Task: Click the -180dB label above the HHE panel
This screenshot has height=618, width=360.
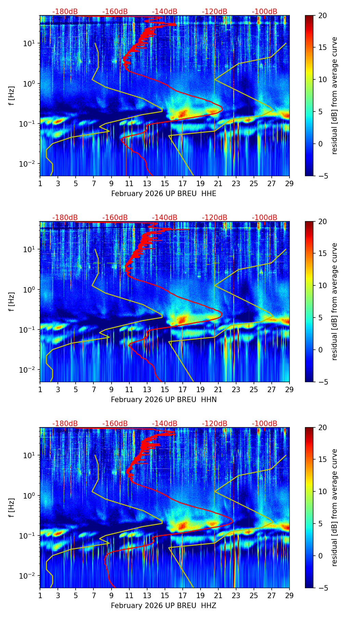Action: click(65, 12)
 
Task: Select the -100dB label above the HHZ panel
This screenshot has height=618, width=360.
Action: click(265, 424)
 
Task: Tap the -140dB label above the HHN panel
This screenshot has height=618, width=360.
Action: click(165, 218)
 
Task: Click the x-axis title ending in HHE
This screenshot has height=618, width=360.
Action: click(164, 194)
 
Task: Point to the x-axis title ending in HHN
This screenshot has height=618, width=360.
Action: click(164, 400)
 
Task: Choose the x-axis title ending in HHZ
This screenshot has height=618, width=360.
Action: click(164, 606)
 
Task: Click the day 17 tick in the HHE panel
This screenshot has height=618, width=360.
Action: click(183, 183)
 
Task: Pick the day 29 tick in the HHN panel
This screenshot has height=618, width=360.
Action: click(290, 389)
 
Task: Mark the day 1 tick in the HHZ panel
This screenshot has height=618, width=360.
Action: click(40, 595)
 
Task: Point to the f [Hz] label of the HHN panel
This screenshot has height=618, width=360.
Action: click(12, 301)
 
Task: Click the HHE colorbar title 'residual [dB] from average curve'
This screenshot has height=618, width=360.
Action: click(335, 95)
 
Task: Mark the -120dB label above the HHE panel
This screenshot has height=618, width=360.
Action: click(215, 12)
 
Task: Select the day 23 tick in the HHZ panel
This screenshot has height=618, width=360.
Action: click(236, 595)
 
